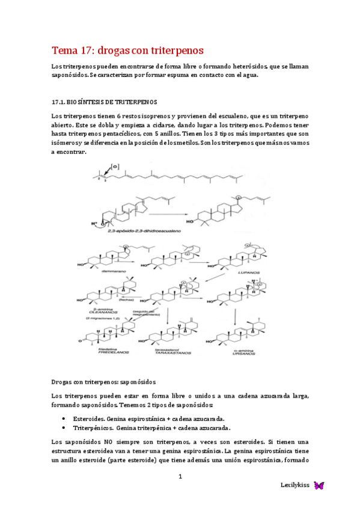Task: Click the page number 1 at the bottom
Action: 179,477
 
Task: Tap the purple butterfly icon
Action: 319,485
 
